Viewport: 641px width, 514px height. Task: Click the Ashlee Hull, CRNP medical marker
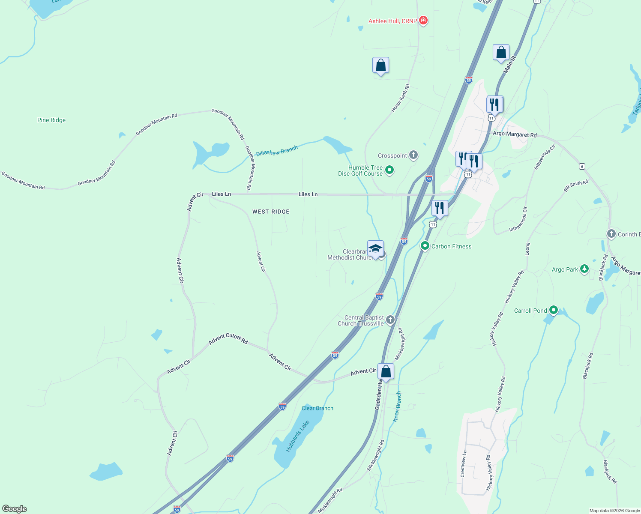[423, 21]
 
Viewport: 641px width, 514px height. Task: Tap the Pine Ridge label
[51, 120]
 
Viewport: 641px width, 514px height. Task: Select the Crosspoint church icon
[413, 155]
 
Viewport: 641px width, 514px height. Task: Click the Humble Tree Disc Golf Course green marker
[389, 170]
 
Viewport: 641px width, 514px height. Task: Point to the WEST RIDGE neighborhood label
[271, 212]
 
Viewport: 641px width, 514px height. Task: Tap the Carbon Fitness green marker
[425, 246]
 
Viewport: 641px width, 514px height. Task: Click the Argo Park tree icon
[584, 269]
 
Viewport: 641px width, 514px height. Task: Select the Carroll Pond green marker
[553, 310]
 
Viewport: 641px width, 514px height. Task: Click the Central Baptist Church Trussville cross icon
[390, 320]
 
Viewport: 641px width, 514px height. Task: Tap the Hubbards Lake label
[297, 436]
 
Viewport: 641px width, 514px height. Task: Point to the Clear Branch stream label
[317, 408]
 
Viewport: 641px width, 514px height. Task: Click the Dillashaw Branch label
[277, 151]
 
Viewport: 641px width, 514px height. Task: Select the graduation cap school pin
[375, 249]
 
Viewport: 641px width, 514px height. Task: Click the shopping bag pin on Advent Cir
[386, 372]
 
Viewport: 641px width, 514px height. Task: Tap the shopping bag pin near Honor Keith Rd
[380, 66]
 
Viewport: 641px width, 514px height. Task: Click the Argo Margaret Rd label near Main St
[515, 134]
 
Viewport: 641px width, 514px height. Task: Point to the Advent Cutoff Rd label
[228, 339]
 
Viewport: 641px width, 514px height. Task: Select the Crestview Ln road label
[463, 464]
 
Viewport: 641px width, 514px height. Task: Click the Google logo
[15, 508]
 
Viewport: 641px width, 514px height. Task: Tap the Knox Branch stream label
[397, 406]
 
